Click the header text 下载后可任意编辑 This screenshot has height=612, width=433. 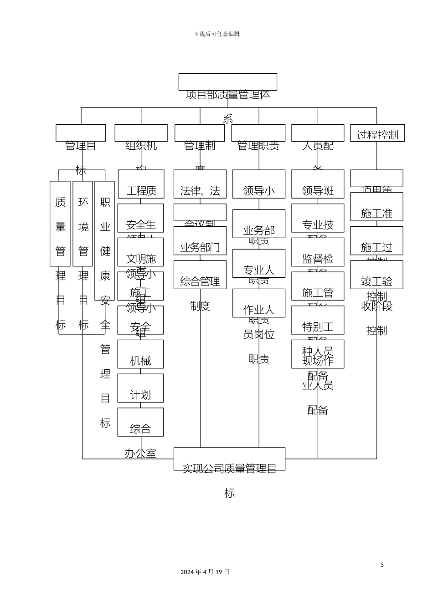[x=216, y=34]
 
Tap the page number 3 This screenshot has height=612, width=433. [x=382, y=565]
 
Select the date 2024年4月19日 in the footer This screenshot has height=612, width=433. [x=205, y=572]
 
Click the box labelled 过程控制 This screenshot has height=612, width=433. [x=377, y=134]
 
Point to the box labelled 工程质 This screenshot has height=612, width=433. [x=141, y=184]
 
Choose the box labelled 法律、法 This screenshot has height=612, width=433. [x=200, y=184]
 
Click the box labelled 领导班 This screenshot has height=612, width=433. [x=318, y=184]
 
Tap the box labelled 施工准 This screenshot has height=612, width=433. [x=376, y=207]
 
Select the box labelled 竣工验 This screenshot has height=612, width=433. [x=376, y=275]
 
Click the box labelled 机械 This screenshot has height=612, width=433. [x=140, y=354]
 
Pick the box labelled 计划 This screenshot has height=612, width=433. [x=140, y=388]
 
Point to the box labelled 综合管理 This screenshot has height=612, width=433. [x=200, y=275]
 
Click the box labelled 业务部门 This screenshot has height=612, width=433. [x=200, y=241]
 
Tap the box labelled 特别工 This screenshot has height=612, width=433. [x=318, y=321]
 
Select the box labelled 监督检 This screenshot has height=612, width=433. [x=318, y=253]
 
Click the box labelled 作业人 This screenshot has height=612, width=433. [x=259, y=303]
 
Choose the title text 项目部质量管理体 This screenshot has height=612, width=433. [x=228, y=95]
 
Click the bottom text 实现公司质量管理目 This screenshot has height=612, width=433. [x=229, y=468]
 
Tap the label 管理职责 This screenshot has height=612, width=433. [x=258, y=146]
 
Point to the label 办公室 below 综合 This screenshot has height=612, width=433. [x=140, y=454]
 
